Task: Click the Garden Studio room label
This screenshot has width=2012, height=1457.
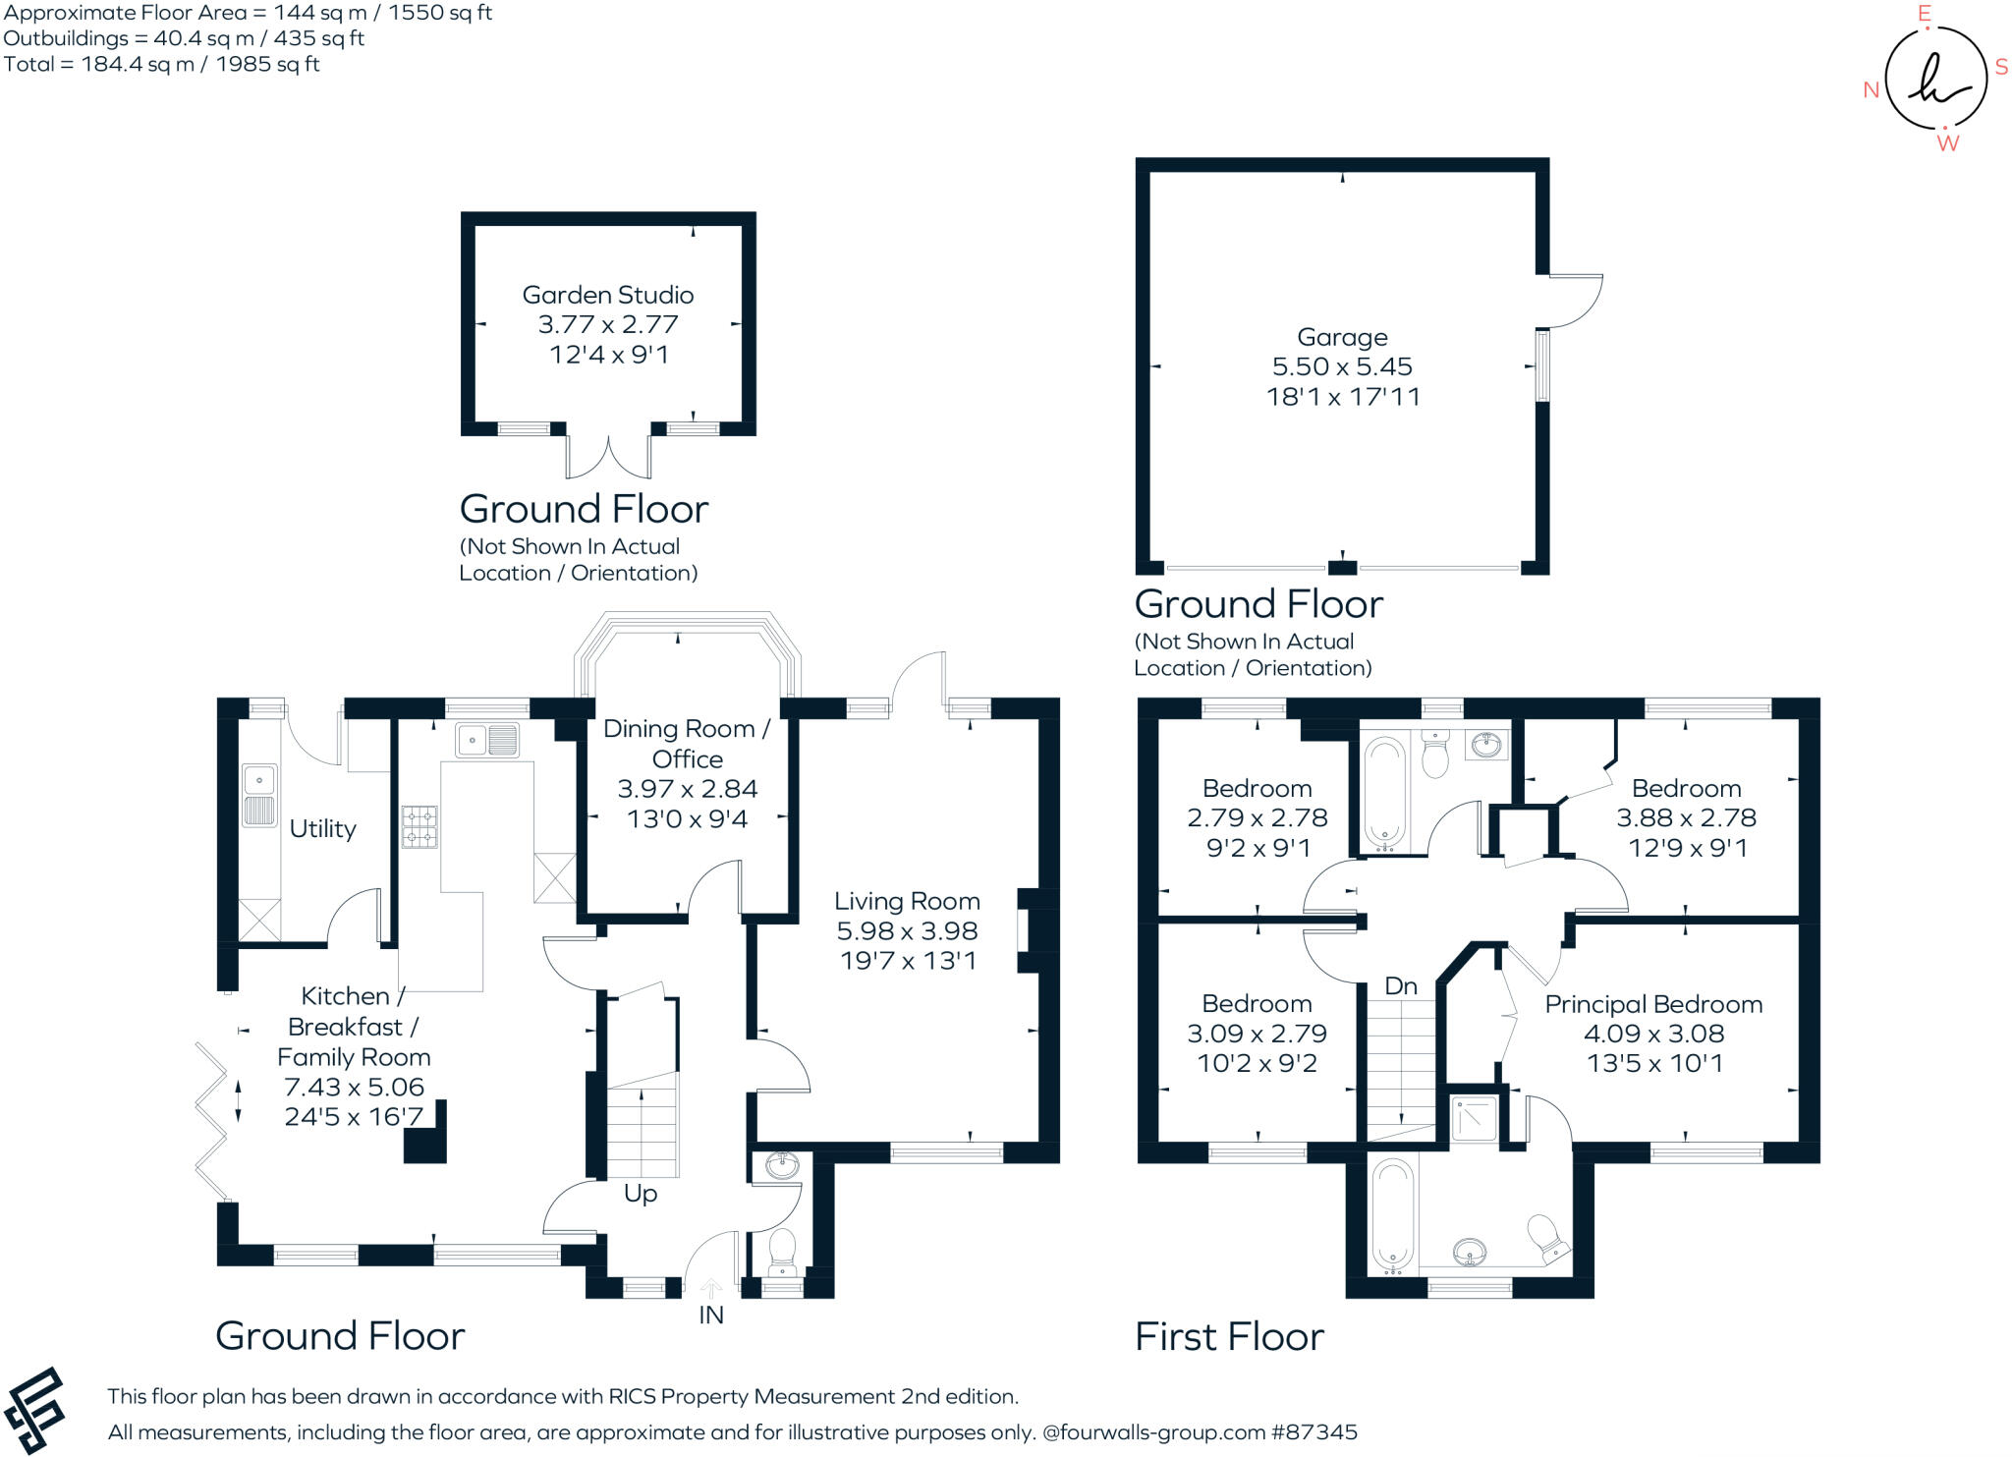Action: pos(607,295)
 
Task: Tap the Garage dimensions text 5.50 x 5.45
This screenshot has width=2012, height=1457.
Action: pos(1342,366)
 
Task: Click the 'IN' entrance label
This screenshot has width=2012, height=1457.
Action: pos(711,1316)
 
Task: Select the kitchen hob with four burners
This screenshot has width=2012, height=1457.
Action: pos(419,826)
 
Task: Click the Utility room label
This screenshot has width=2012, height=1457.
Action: pos(322,828)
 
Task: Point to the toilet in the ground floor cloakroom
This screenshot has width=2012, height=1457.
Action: pos(782,1249)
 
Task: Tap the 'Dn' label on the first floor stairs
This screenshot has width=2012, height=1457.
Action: pos(1401,985)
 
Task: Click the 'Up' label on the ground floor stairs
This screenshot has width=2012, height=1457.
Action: pos(641,1194)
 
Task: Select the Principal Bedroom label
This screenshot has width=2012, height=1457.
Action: pos(1653,1004)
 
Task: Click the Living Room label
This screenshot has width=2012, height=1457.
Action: pos(907,901)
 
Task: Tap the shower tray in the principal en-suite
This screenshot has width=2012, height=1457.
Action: pos(1475,1119)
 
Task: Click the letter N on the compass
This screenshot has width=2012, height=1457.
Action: pos(1871,90)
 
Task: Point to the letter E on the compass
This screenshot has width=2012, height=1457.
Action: pos(1925,14)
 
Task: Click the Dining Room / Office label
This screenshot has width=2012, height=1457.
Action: pos(687,744)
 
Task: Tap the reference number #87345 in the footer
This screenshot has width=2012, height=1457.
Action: pos(1313,1432)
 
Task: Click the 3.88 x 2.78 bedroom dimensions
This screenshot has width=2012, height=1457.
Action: pos(1686,817)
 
